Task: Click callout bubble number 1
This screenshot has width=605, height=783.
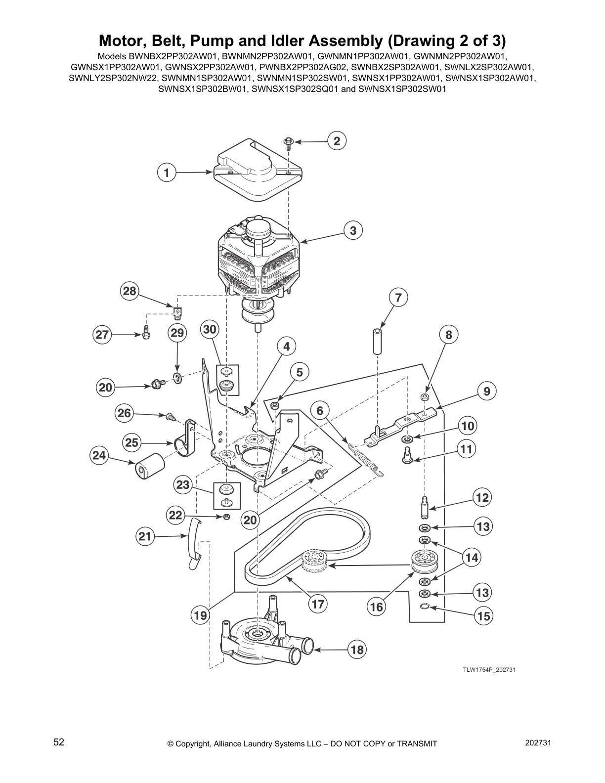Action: [167, 173]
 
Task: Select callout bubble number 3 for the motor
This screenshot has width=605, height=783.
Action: [353, 230]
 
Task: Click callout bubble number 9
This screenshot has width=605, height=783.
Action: [487, 391]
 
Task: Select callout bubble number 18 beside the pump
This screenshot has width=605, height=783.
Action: [357, 650]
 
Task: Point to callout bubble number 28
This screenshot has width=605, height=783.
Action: [130, 291]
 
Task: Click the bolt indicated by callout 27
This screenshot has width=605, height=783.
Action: [146, 335]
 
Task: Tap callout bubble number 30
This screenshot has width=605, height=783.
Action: [210, 330]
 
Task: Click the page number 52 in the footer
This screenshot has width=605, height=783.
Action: [59, 742]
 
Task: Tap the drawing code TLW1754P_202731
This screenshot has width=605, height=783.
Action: [485, 670]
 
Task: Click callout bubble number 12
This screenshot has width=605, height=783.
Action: [482, 497]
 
